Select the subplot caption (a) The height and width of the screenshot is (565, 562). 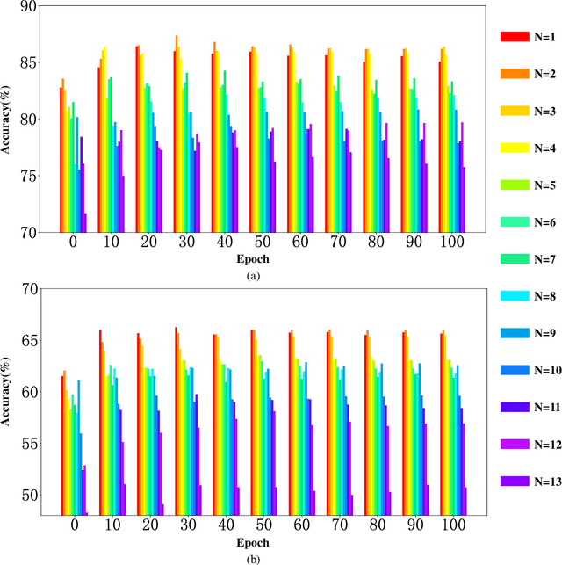255,276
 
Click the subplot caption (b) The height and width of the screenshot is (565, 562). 255,555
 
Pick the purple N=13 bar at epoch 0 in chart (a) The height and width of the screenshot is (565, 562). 85,222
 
